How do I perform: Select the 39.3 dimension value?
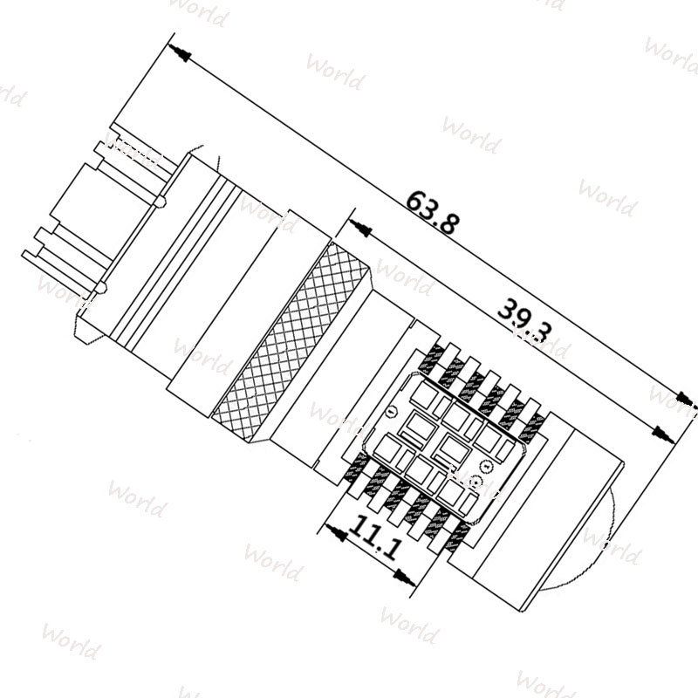pyautogui.click(x=524, y=319)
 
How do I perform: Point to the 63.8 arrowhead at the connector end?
pyautogui.click(x=179, y=51)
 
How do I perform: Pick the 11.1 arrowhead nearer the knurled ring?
pyautogui.click(x=332, y=527)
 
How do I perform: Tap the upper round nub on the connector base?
pyautogui.click(x=161, y=202)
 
